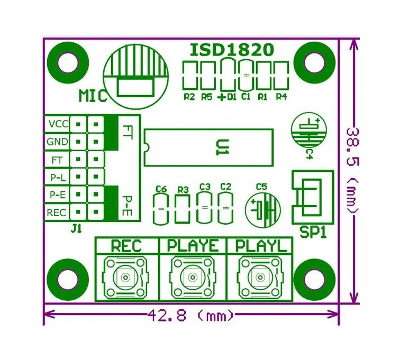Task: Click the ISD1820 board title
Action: coord(232,50)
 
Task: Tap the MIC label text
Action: coord(92,96)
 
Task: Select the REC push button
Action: coord(126,277)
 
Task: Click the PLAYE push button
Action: coord(192,277)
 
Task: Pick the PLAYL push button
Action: coord(259,277)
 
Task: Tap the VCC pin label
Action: coord(58,124)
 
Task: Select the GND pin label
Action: coord(57,142)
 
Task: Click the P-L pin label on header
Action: coord(57,177)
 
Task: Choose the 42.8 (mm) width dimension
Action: coord(190,316)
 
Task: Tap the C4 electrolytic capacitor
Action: coord(309,131)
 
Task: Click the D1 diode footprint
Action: coord(228,75)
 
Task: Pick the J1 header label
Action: coord(76,229)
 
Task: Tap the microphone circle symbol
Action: coord(136,75)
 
